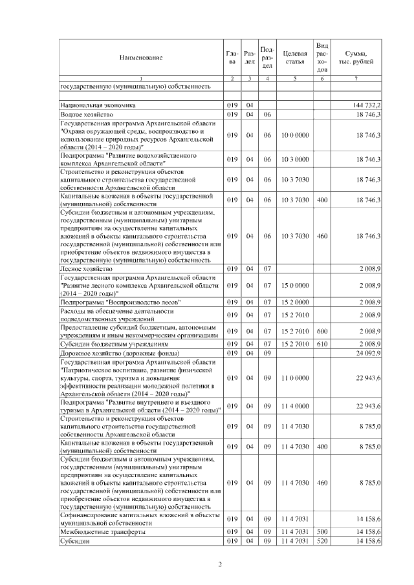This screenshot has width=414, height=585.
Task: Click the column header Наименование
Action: tap(140, 58)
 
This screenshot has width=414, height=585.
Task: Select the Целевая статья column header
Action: tap(294, 58)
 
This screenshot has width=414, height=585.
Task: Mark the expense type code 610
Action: tap(321, 344)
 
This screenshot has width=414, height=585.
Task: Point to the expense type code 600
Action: tap(321, 331)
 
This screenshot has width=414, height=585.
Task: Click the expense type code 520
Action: tap(321, 541)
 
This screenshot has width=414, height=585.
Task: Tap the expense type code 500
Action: tap(321, 531)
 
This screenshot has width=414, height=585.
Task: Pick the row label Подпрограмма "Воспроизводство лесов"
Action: tap(120, 302)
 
